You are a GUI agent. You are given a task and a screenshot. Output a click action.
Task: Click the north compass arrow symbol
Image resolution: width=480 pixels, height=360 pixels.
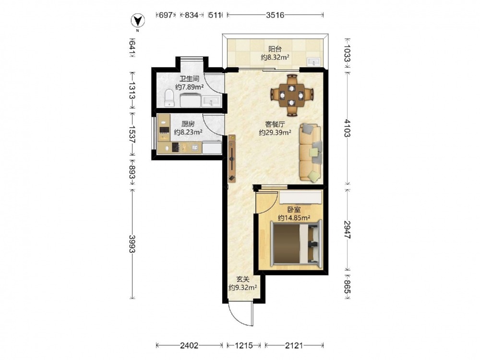[x=138, y=21]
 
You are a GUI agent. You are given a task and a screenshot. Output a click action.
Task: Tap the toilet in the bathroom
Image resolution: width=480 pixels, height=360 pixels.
[x=169, y=97]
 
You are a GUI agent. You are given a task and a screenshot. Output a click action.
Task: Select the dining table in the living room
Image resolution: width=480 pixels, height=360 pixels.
[x=292, y=95]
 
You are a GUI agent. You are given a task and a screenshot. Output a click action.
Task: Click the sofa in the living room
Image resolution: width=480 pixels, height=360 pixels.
[x=311, y=152]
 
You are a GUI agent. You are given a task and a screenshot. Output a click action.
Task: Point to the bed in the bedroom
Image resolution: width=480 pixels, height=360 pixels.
[x=296, y=243]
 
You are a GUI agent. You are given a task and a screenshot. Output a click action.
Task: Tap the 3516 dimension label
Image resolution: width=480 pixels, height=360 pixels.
[x=275, y=15]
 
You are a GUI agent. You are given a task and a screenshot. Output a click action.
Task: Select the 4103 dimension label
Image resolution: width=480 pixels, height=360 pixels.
[x=347, y=128]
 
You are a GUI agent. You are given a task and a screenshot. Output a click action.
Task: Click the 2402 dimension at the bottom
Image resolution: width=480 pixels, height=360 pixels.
[x=189, y=346]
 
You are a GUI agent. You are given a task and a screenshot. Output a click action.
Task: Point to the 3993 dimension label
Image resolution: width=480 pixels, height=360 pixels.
[x=132, y=244]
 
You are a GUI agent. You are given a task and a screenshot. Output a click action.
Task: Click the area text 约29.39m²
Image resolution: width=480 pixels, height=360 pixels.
[x=275, y=132]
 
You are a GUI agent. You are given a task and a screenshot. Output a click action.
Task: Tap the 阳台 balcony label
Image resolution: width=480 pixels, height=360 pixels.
[x=275, y=49]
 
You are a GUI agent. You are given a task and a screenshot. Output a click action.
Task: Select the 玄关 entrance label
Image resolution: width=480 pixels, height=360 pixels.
[x=243, y=279]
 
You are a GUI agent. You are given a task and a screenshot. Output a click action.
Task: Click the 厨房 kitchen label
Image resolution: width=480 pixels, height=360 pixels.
[x=188, y=124]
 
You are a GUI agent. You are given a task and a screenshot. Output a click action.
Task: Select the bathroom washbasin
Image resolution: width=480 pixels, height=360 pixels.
[x=211, y=101]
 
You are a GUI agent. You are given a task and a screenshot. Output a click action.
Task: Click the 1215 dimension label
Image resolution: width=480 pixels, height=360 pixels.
[x=244, y=346]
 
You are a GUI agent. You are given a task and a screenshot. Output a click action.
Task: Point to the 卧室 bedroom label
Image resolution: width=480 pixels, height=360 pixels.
[x=294, y=210]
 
